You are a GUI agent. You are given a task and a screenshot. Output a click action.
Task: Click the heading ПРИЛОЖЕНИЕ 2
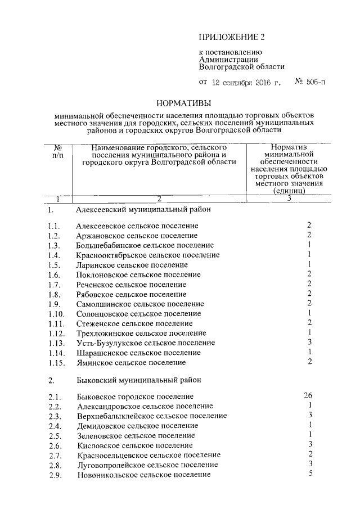(x=231, y=38)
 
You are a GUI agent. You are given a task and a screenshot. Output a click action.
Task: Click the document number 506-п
(x=310, y=82)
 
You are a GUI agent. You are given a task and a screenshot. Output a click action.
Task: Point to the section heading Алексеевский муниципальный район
(x=143, y=210)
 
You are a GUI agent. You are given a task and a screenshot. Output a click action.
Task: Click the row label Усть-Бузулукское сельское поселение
(x=145, y=343)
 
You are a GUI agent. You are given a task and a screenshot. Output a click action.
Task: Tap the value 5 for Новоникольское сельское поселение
(x=310, y=474)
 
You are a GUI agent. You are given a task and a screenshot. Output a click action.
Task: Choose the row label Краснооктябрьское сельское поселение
(x=147, y=255)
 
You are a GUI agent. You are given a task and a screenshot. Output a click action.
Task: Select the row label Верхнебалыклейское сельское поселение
(x=151, y=416)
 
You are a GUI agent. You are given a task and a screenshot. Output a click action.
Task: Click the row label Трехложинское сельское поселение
(x=141, y=334)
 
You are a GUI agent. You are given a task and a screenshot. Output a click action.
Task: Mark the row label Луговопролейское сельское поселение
(x=147, y=465)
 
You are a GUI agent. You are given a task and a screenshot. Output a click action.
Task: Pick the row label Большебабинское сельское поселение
(x=145, y=245)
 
